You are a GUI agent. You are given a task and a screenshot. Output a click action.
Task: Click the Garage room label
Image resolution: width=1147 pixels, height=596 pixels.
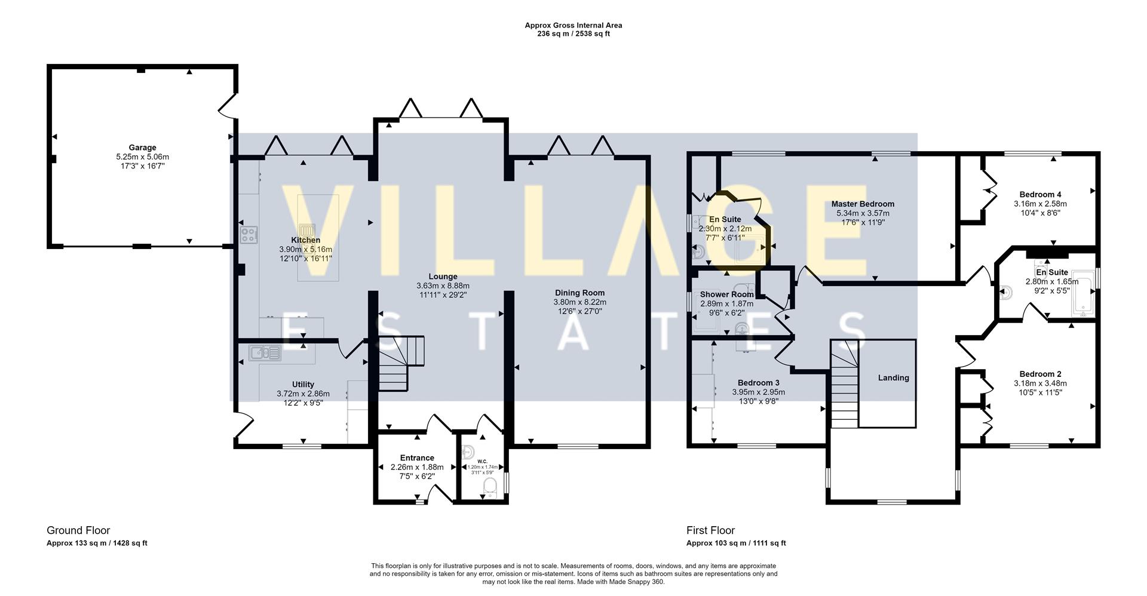click(x=142, y=148)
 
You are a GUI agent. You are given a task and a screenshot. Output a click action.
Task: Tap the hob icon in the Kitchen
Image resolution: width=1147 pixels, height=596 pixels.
click(x=249, y=235)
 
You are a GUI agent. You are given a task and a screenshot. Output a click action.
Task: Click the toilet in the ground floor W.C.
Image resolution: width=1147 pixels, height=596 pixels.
click(x=489, y=487)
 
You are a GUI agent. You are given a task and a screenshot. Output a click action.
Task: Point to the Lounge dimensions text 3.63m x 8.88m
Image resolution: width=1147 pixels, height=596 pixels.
click(x=443, y=285)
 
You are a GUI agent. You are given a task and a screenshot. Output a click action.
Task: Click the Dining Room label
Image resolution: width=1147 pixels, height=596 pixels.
click(x=579, y=293)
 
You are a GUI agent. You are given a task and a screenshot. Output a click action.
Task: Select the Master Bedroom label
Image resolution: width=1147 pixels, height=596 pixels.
click(x=863, y=204)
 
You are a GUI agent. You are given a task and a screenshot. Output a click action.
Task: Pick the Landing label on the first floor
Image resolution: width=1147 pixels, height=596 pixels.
click(x=893, y=377)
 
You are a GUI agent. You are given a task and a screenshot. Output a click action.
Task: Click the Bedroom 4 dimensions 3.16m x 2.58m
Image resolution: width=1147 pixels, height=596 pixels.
click(x=1040, y=204)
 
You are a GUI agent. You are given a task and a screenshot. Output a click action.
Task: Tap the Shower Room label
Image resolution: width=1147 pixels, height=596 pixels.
click(x=726, y=294)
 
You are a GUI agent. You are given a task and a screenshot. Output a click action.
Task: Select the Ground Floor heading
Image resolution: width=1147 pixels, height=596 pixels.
click(x=78, y=530)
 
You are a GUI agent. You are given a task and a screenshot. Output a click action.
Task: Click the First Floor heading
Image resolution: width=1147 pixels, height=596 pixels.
click(x=710, y=530)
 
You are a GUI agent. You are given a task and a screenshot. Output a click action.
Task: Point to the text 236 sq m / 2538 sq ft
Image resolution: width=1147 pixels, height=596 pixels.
click(x=573, y=34)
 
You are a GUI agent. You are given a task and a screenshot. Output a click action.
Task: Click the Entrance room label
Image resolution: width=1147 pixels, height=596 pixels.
click(x=417, y=457)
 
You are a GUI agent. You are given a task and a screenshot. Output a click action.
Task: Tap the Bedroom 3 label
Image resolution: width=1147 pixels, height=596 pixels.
click(x=758, y=383)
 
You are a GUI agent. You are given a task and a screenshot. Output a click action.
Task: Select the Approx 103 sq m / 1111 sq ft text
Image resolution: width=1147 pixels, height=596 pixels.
click(x=736, y=543)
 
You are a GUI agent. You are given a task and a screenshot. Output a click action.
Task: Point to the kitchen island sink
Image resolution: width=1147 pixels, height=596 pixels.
click(x=307, y=231)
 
